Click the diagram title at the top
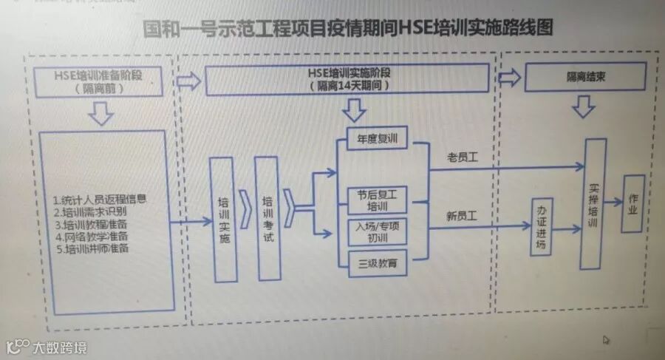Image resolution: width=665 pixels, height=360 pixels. pyautogui.click(x=348, y=30)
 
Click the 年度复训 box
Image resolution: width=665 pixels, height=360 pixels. pyautogui.click(x=377, y=138)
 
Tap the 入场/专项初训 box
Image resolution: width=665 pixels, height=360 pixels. pyautogui.click(x=377, y=231)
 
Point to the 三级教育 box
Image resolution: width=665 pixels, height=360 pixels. pyautogui.click(x=377, y=263)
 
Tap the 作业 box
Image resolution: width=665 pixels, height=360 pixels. pyautogui.click(x=632, y=204)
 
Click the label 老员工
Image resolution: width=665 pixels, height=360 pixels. pyautogui.click(x=463, y=157)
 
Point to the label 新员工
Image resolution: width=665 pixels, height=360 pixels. pyautogui.click(x=463, y=216)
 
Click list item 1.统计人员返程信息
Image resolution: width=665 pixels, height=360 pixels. pyautogui.click(x=100, y=199)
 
